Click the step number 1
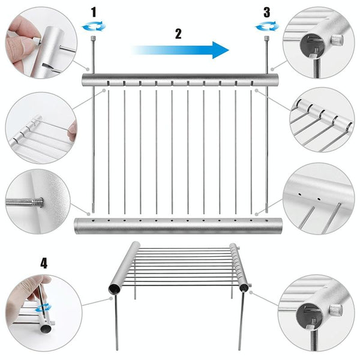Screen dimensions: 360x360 [94, 13]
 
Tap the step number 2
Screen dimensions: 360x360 [178, 34]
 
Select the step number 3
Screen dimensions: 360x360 [266, 13]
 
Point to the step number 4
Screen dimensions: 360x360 [44, 263]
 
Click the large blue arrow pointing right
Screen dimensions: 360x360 [180, 50]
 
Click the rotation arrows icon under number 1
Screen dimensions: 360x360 [94, 26]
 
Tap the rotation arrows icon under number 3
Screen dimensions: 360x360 [267, 26]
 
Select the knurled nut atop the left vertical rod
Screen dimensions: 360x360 [93, 37]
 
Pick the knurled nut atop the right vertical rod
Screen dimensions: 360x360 [266, 38]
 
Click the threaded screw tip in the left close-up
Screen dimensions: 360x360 [38, 203]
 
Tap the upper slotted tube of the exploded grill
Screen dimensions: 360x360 [180, 80]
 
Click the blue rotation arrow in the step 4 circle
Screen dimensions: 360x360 [43, 308]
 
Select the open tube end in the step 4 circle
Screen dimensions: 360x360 [46, 329]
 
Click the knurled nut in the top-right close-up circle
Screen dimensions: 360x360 [337, 40]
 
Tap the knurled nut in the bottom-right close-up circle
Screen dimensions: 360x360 [336, 310]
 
